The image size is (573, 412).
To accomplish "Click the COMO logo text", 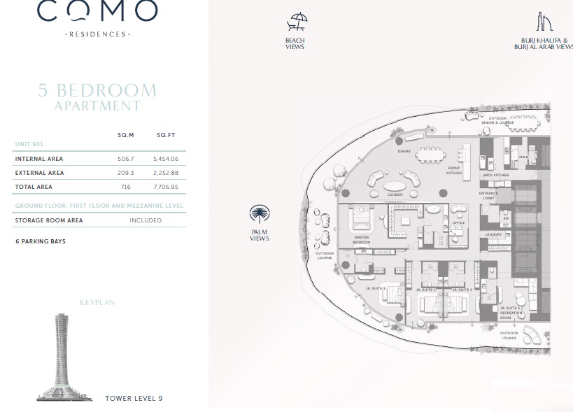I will coord(97,12).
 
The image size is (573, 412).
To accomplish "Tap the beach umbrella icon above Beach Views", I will coord(297,23).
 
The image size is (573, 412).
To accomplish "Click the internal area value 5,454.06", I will coord(166,159).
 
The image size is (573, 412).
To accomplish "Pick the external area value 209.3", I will coord(126,173).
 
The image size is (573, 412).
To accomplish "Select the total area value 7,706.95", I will coord(166,187).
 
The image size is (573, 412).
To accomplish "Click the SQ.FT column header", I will coord(166,135).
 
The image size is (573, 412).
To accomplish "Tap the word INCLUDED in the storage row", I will coord(146,220).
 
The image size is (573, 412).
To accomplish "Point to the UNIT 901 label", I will coord(29,144).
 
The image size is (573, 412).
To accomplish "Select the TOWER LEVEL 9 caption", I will coord(134,399).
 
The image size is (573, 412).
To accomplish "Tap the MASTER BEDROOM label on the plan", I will coord(361,240).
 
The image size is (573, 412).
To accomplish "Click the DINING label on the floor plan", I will coord(404,151).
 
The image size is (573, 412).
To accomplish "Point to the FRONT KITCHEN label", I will coord(455,171).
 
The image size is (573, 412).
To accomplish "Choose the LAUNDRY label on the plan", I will coord(493,234).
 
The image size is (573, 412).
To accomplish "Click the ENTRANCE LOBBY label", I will coord(488,194).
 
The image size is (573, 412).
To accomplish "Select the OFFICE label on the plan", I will coord(458,223).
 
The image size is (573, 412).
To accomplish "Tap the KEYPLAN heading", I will coord(97,303).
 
